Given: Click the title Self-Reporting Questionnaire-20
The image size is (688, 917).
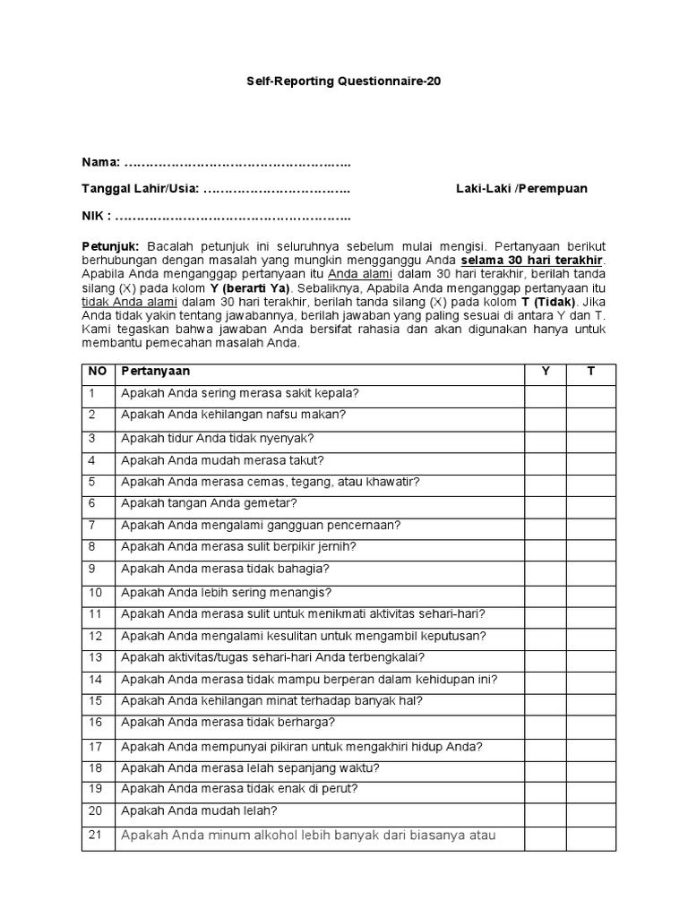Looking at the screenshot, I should pyautogui.click(x=344, y=81).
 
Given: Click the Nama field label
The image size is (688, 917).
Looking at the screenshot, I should pyautogui.click(x=100, y=162).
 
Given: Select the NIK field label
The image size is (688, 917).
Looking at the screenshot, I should pyautogui.click(x=96, y=216).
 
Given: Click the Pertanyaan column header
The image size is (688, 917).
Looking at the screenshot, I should pyautogui.click(x=156, y=371).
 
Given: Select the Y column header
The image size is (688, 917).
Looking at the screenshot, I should pyautogui.click(x=545, y=371).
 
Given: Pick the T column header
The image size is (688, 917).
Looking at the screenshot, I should pyautogui.click(x=590, y=371).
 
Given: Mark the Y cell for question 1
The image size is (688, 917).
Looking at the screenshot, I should pyautogui.click(x=545, y=393).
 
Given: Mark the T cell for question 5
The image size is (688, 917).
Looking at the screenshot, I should pyautogui.click(x=590, y=482).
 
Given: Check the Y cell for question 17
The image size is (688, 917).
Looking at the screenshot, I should pyautogui.click(x=545, y=746).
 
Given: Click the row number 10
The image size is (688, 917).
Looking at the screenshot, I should pyautogui.click(x=96, y=592).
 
